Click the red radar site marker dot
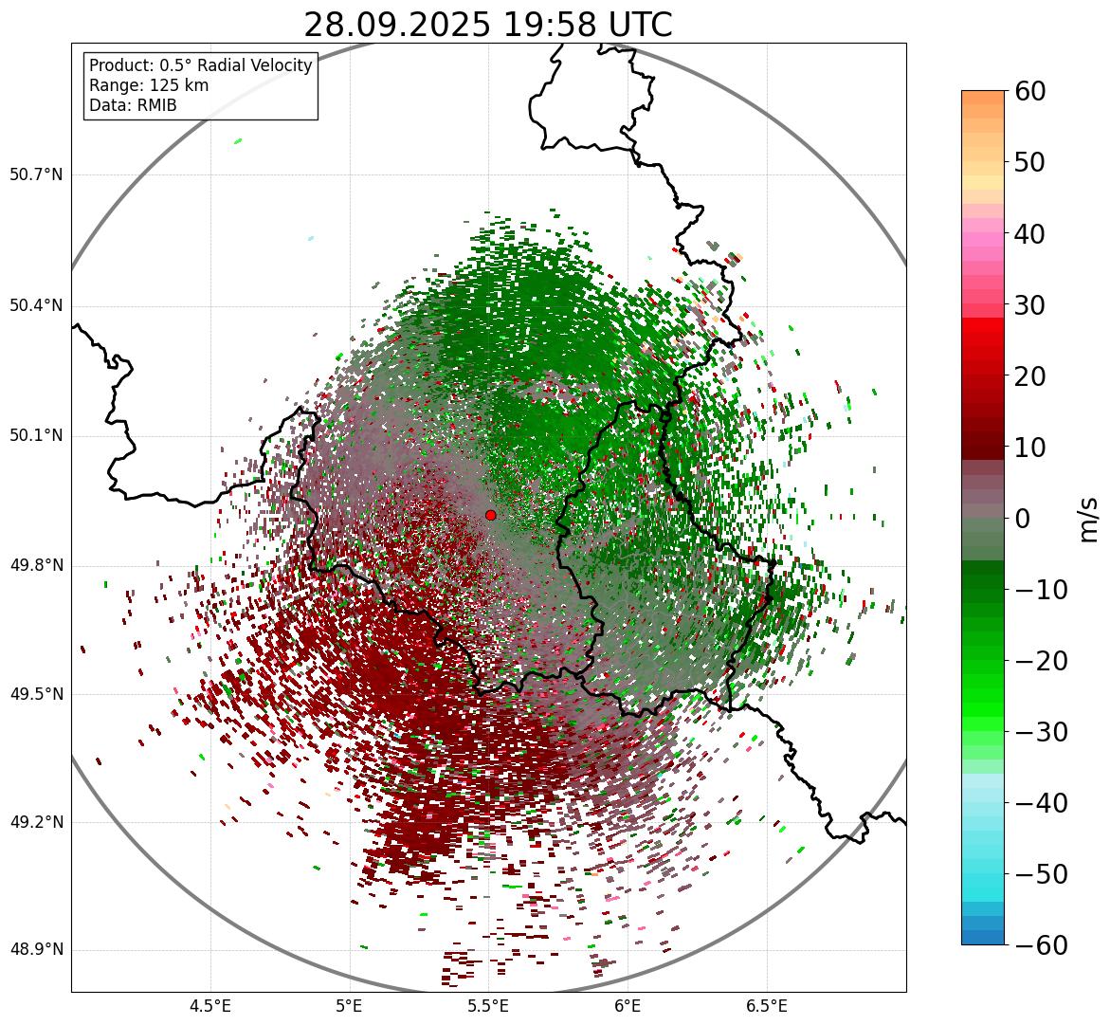pyautogui.click(x=490, y=515)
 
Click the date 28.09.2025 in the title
pyautogui.click(x=396, y=25)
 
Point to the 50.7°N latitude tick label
pyautogui.click(x=36, y=174)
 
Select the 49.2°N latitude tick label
pyautogui.click(x=36, y=822)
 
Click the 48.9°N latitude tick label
pyautogui.click(x=36, y=950)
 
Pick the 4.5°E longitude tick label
pyautogui.click(x=210, y=1005)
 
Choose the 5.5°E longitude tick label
pyautogui.click(x=488, y=1005)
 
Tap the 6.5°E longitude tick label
pyautogui.click(x=767, y=1005)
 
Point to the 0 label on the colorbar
pyautogui.click(x=1023, y=519)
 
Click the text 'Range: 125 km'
pyautogui.click(x=149, y=85)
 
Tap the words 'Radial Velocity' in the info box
pyautogui.click(x=256, y=65)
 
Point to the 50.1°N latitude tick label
pyautogui.click(x=36, y=435)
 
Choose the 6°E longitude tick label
pyautogui.click(x=628, y=1005)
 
